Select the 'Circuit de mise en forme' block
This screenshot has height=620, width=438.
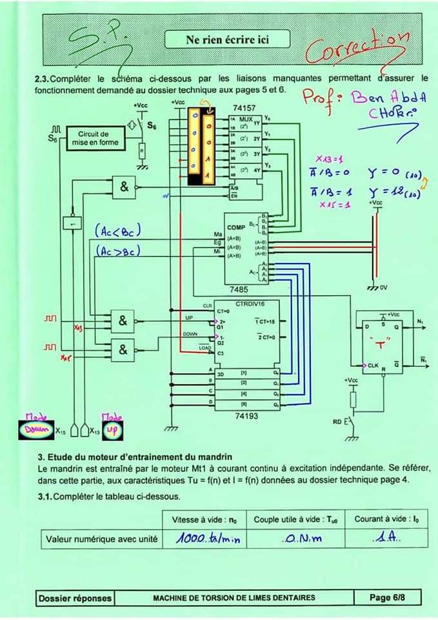95,138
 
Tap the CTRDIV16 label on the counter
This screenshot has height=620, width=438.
248,304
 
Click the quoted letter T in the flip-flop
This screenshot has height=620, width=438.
380,344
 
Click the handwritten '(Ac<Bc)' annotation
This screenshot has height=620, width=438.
118,231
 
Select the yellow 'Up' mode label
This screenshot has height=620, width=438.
111,429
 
